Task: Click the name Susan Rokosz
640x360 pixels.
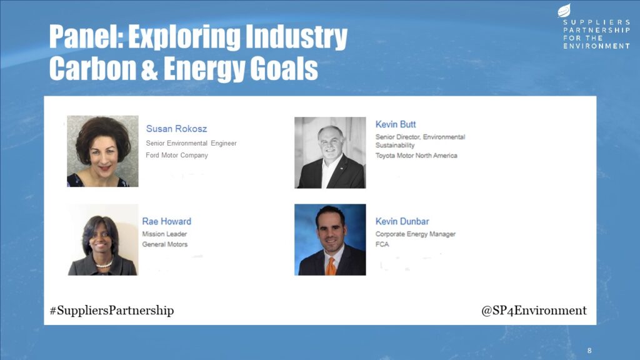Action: click(x=176, y=129)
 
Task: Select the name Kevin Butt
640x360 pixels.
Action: click(x=396, y=124)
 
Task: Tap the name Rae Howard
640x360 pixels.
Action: click(x=166, y=221)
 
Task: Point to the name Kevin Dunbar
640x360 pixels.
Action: click(x=402, y=221)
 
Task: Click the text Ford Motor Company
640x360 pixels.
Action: click(x=177, y=156)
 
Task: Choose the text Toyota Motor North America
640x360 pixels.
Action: click(x=416, y=156)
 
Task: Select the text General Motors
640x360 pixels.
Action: click(x=165, y=244)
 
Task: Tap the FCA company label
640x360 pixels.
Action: click(x=382, y=244)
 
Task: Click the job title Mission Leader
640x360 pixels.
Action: click(x=164, y=234)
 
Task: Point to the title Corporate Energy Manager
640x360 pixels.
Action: click(x=416, y=234)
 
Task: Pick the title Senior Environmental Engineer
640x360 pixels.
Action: click(x=191, y=143)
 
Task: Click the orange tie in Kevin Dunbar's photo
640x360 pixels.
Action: click(x=331, y=266)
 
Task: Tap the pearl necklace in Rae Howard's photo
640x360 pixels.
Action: click(x=104, y=264)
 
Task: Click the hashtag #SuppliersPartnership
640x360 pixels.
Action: click(x=112, y=311)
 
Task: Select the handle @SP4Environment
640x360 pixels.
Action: click(x=534, y=311)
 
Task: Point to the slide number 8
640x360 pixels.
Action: click(x=589, y=351)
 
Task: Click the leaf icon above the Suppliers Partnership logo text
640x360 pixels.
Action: click(x=564, y=10)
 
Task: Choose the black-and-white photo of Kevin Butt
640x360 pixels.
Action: click(x=330, y=152)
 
